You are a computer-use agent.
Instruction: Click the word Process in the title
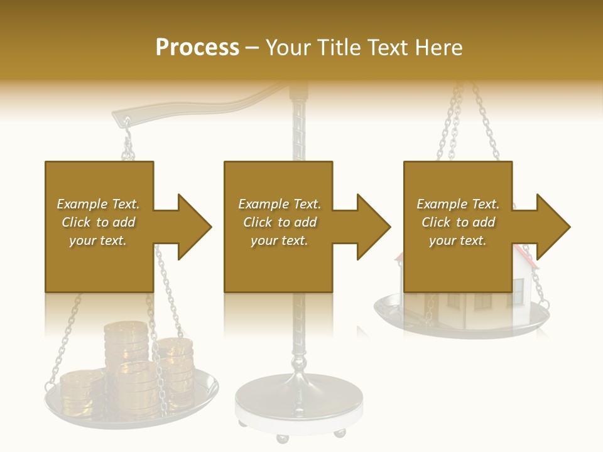[197, 47]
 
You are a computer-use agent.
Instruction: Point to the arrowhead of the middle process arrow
[373, 227]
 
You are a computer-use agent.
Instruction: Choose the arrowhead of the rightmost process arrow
[553, 227]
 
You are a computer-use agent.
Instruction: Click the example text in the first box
[99, 222]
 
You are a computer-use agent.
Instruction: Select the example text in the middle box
[280, 222]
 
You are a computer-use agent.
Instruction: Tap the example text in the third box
[458, 222]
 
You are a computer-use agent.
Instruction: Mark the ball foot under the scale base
[339, 433]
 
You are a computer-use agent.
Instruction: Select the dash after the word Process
[253, 48]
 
